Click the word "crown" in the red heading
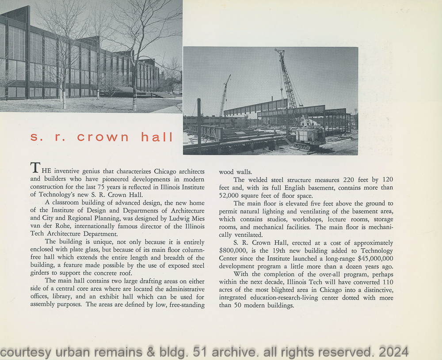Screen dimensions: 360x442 tap(103, 137)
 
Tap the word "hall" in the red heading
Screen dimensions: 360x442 tap(157, 137)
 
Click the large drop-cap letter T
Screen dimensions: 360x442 tap(35, 168)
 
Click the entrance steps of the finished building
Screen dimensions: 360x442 tap(150, 93)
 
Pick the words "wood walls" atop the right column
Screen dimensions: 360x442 tap(236, 172)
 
